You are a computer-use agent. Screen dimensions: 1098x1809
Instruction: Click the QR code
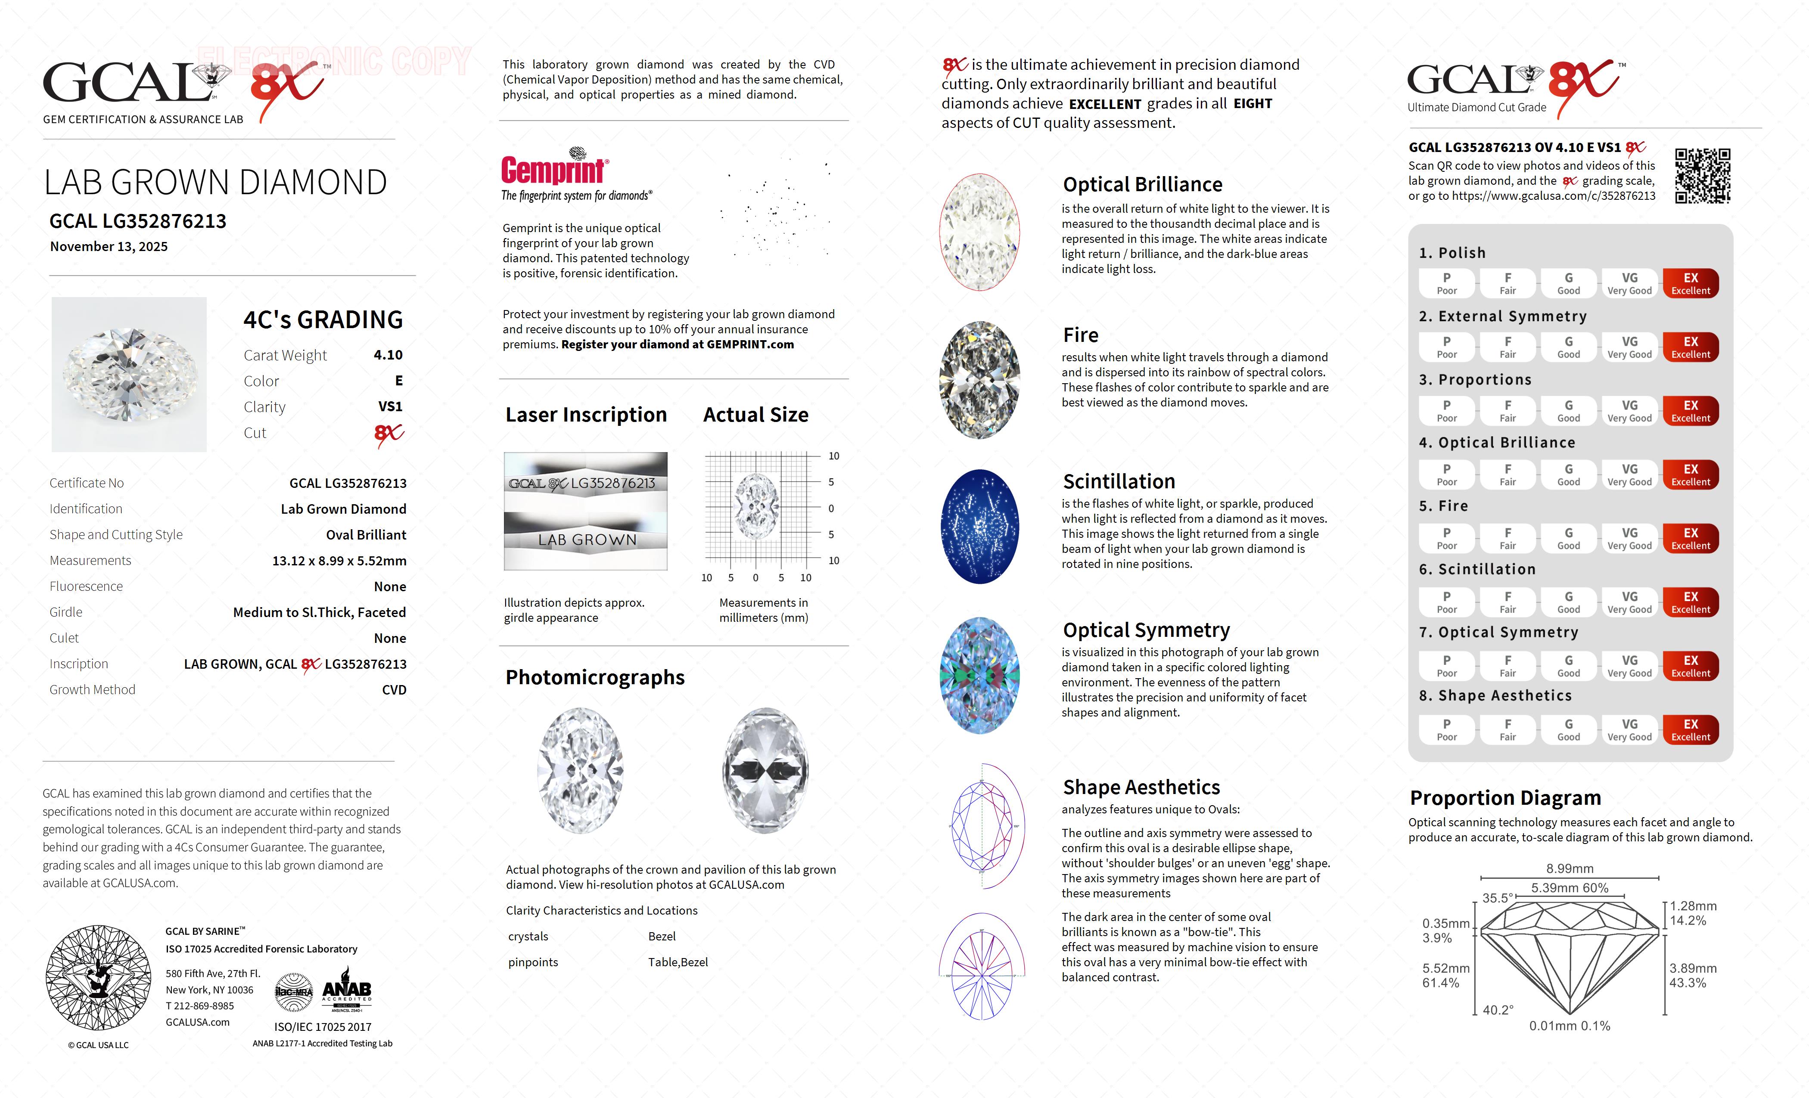[x=1702, y=176]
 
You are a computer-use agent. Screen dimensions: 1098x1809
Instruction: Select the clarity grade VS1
[x=390, y=406]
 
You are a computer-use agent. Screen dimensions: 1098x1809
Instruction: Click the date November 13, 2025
[x=109, y=247]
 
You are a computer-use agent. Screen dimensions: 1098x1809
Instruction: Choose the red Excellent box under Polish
[x=1690, y=283]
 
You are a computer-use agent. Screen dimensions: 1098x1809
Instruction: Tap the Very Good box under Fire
[x=1629, y=538]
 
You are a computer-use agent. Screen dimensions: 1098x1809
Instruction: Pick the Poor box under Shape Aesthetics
[x=1446, y=729]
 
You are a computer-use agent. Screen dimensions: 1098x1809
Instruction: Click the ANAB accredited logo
[x=347, y=993]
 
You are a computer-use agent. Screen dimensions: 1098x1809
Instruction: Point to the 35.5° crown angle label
[x=1497, y=898]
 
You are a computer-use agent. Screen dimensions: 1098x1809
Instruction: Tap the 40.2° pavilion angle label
[x=1498, y=1010]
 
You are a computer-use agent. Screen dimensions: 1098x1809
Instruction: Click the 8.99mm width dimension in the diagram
[x=1570, y=868]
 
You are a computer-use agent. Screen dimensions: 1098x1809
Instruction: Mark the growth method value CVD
[x=394, y=690]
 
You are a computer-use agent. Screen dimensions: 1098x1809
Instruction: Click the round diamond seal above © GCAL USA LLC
[x=98, y=977]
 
